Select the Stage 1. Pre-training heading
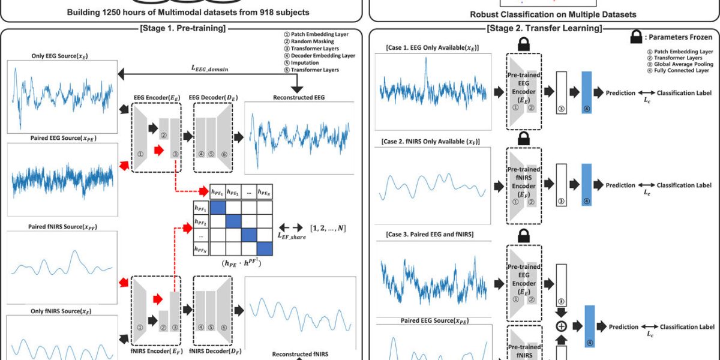coord(182,28)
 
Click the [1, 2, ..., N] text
coord(327,229)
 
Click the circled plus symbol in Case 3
coord(561,327)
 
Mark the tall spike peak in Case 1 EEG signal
coord(425,58)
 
